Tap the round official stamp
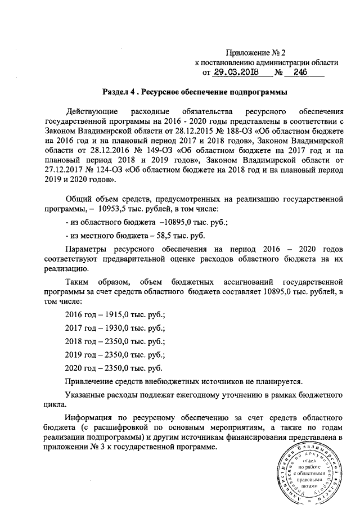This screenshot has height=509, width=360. coord(312,472)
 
